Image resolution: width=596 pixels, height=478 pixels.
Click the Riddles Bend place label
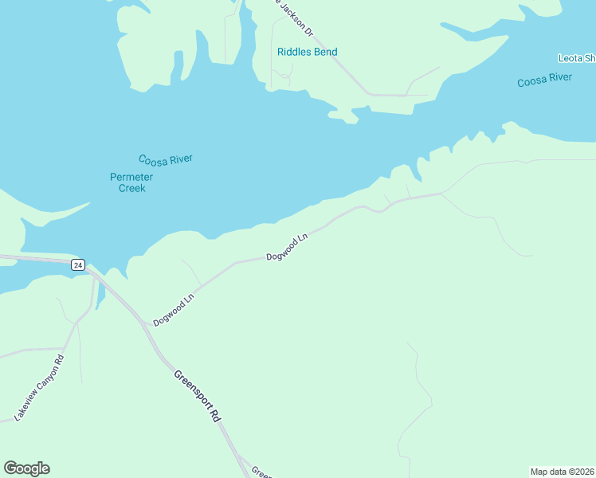point(307,52)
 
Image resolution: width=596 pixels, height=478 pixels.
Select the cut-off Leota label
point(576,58)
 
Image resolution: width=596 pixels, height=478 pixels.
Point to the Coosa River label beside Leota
point(544,79)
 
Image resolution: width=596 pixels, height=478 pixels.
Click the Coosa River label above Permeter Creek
point(165,159)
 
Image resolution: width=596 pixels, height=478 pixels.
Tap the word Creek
point(131,188)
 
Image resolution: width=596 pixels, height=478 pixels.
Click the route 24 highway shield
point(77,264)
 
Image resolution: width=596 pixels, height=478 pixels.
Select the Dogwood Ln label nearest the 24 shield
point(174,310)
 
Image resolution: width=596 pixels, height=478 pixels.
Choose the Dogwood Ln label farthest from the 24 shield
point(287,247)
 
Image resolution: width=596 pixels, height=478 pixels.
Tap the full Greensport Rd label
point(197,395)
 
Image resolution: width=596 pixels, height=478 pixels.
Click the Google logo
point(26,468)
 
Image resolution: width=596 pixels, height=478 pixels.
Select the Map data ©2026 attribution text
point(562,471)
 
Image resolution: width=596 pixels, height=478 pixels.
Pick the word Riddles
point(294,52)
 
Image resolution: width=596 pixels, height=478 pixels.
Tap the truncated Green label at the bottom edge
point(261,472)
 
